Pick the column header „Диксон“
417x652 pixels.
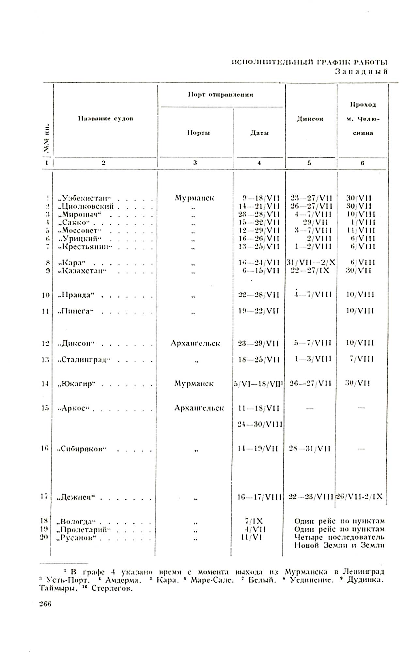click(x=310, y=119)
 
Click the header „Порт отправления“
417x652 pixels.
click(x=221, y=95)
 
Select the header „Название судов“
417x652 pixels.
click(x=105, y=119)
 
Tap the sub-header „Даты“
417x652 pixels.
click(x=259, y=133)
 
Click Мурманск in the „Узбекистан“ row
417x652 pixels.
click(x=194, y=198)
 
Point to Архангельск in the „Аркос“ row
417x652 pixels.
click(x=199, y=408)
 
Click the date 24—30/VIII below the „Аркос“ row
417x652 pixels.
click(x=260, y=424)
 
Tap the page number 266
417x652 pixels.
click(x=45, y=604)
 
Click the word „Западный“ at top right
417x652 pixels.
click(x=361, y=72)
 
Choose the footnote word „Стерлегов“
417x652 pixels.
click(x=112, y=589)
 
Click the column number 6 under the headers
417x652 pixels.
click(x=362, y=163)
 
